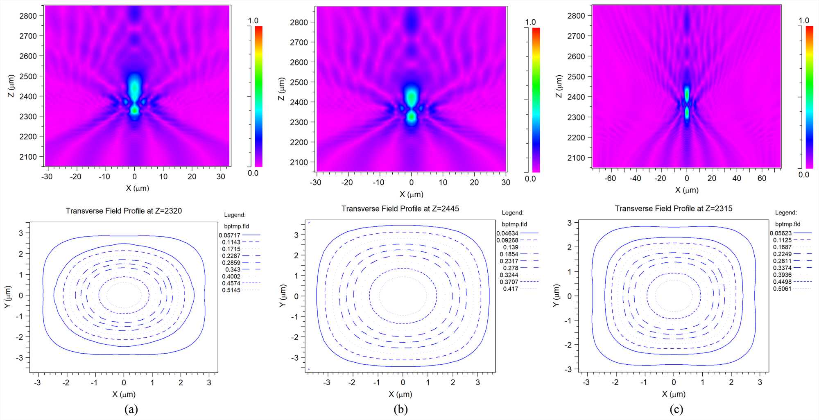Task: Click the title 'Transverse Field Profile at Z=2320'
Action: tap(124, 211)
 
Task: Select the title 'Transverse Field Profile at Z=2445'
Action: tap(400, 209)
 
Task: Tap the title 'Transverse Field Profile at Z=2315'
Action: tap(673, 208)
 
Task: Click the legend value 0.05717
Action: tap(229, 235)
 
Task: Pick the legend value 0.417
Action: tap(511, 289)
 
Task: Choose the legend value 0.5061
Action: tap(782, 289)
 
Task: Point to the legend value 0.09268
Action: tap(507, 240)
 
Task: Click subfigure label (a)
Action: tap(131, 409)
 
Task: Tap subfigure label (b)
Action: tap(400, 409)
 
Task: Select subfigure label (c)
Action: tap(676, 409)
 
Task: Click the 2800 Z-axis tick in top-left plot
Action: tap(28, 16)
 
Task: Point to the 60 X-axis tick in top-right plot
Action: tap(762, 178)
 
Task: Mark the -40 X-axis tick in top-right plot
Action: tap(635, 178)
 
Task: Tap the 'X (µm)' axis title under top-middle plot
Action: tap(412, 194)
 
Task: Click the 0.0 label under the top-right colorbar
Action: tap(804, 175)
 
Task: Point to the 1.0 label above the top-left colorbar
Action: tap(253, 21)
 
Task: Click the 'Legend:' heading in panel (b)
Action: tap(513, 213)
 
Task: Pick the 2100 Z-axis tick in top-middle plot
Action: tap(299, 163)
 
